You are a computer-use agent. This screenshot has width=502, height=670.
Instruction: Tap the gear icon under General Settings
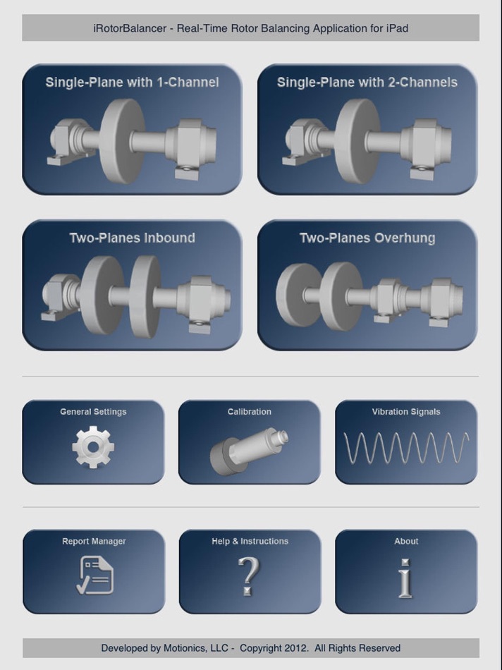(x=93, y=447)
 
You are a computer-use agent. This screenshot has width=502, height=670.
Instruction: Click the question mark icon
(x=248, y=576)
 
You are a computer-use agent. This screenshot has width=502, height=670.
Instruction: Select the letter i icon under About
(x=405, y=578)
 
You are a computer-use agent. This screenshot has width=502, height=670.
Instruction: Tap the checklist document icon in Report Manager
(x=95, y=575)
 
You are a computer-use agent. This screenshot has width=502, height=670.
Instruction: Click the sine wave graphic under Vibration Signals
(x=406, y=447)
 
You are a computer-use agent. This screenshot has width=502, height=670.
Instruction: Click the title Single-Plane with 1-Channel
(x=132, y=82)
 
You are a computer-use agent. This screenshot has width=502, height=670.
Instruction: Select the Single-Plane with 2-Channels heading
(x=367, y=82)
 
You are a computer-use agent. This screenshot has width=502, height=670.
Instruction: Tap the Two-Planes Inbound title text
(x=132, y=238)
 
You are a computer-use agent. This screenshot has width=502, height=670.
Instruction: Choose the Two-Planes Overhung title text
(x=367, y=238)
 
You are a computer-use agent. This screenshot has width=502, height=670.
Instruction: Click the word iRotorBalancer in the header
(x=130, y=28)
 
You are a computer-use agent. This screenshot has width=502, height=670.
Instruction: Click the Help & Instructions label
(x=250, y=541)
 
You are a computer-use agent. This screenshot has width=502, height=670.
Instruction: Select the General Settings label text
(x=93, y=412)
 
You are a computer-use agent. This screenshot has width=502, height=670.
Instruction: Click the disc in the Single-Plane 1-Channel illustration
(x=122, y=141)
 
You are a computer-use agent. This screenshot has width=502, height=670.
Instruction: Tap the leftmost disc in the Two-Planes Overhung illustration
(x=298, y=295)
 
